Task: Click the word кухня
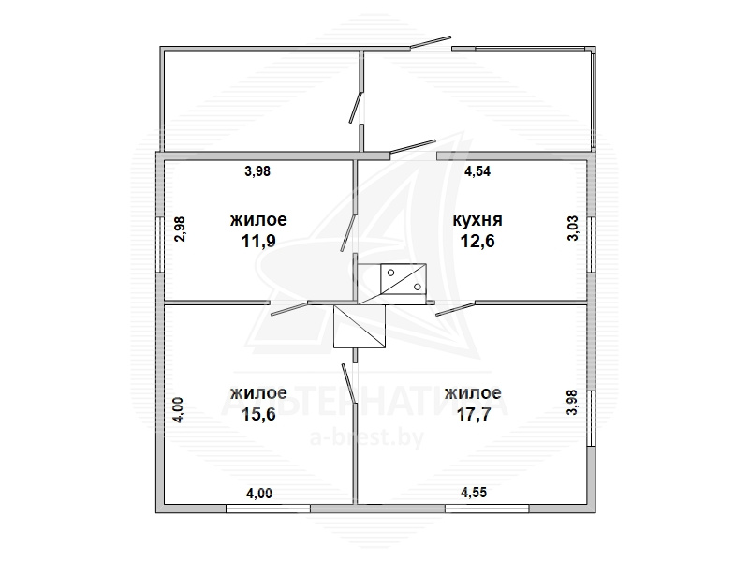coord(477,220)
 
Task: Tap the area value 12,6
coord(477,241)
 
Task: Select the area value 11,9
coord(258,241)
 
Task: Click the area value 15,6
coord(258,414)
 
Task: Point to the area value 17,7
coord(474,414)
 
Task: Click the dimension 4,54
coord(477,171)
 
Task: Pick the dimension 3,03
coord(573,229)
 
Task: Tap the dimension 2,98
coord(180,229)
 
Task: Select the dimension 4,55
coord(474,493)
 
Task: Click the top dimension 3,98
coord(257,170)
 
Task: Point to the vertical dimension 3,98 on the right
coord(572,403)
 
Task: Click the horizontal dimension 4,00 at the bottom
coord(259,493)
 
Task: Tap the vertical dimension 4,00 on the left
coord(178,410)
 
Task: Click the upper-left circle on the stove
coord(391,273)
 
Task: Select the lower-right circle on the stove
coord(418,287)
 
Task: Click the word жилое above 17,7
coord(473,393)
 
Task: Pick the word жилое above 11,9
coord(258,220)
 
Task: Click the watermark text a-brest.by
coord(367,437)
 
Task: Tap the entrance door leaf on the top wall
coord(431,41)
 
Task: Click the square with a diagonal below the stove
coord(360,326)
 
